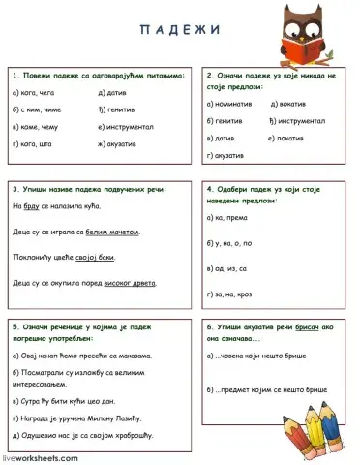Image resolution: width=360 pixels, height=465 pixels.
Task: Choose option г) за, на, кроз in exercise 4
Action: (x=234, y=294)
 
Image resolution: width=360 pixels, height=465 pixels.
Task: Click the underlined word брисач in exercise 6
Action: (x=312, y=328)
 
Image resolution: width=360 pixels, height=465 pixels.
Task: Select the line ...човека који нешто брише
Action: (x=259, y=356)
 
